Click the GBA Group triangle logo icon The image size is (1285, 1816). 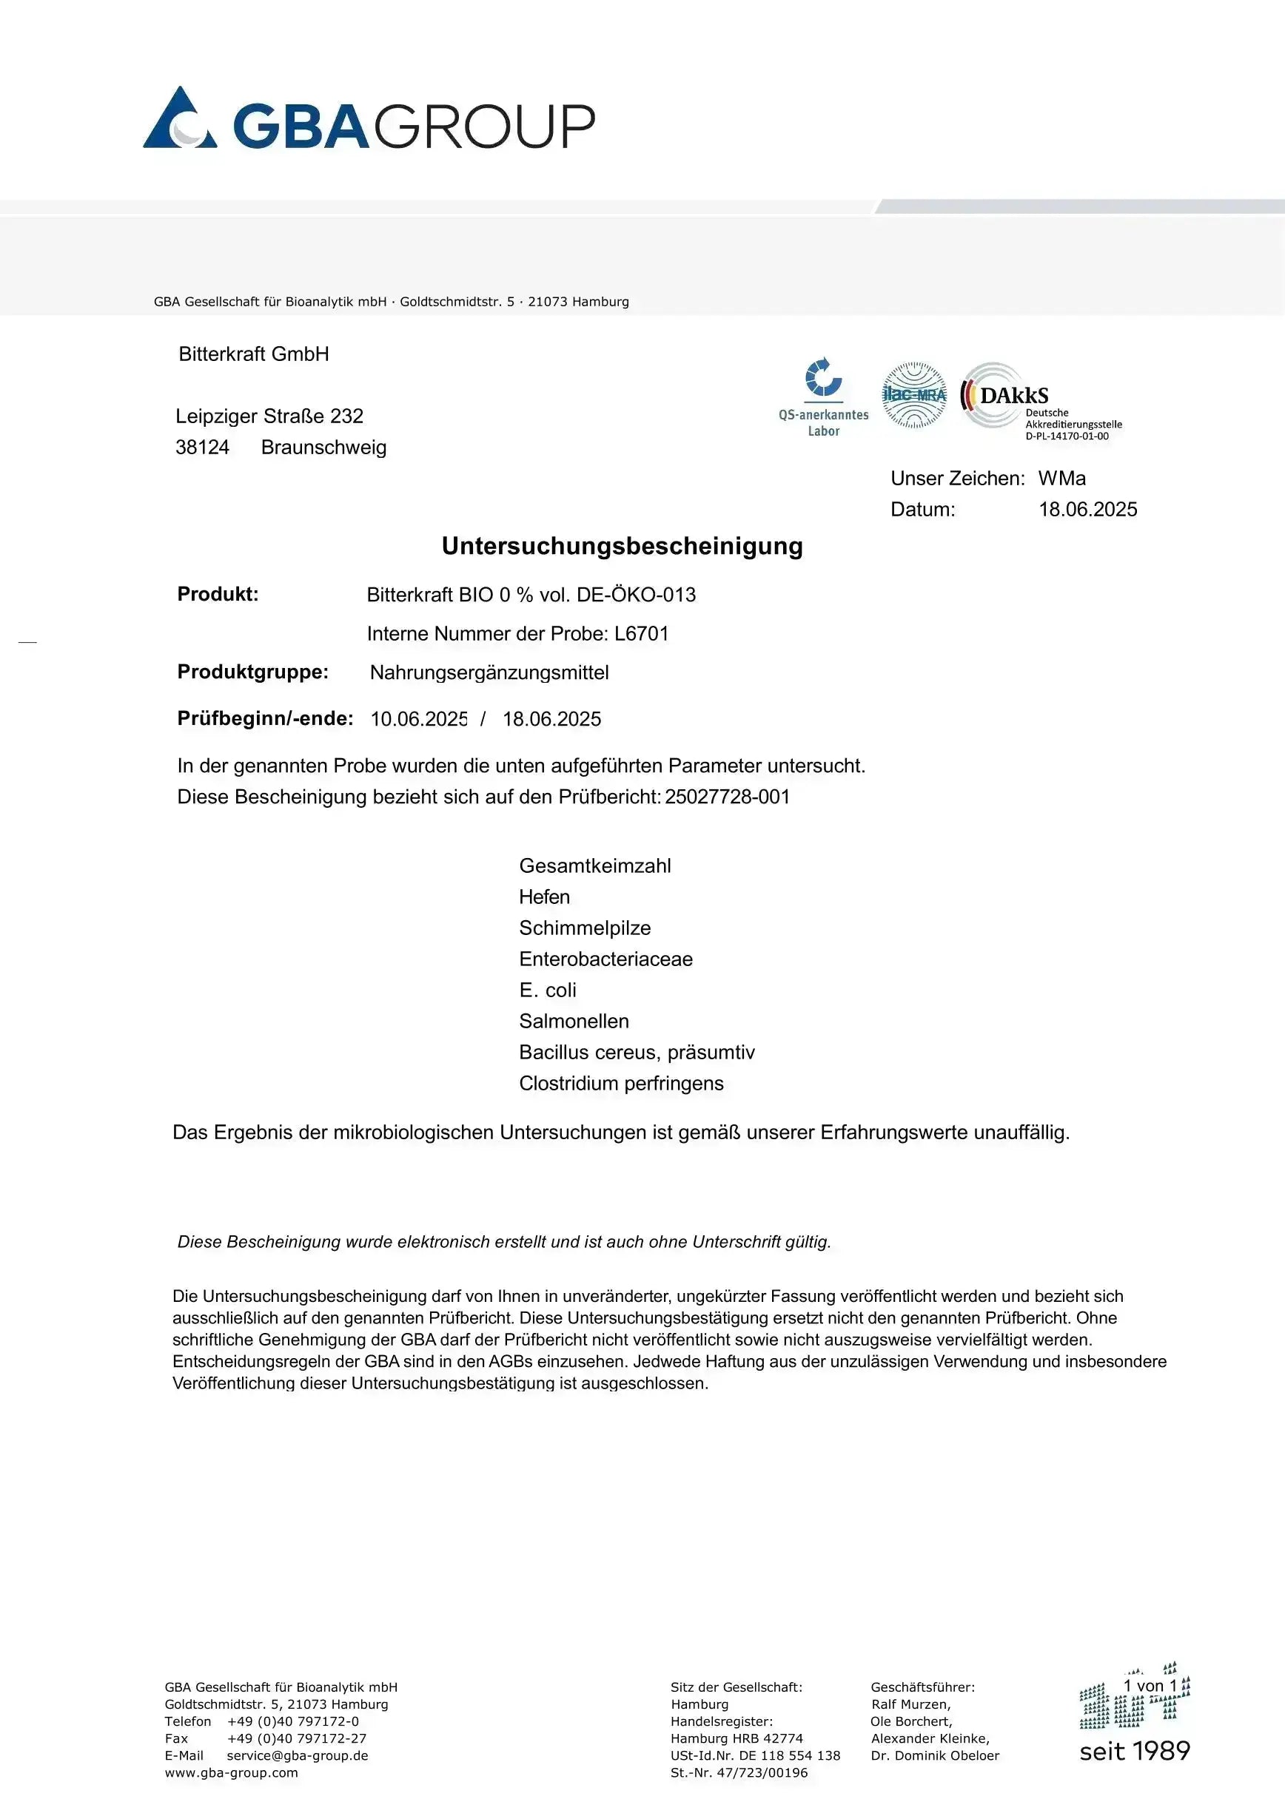tap(180, 118)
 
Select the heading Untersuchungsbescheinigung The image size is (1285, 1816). tap(622, 546)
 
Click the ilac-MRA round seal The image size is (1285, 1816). tap(914, 395)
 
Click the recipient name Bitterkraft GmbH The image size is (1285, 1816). tap(253, 354)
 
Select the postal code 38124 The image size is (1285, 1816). tap(203, 448)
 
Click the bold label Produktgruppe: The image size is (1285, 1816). tap(252, 672)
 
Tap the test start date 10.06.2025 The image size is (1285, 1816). tap(418, 719)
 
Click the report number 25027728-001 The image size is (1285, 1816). tap(727, 797)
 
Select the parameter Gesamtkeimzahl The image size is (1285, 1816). tap(595, 866)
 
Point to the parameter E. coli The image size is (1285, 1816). tap(548, 990)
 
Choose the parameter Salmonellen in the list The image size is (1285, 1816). tap(574, 1021)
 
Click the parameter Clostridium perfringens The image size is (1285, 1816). tap(621, 1084)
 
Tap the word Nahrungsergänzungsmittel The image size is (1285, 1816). tap(489, 672)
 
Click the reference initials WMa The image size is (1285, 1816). tap(1062, 479)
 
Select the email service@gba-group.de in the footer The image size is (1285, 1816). tap(298, 1755)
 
